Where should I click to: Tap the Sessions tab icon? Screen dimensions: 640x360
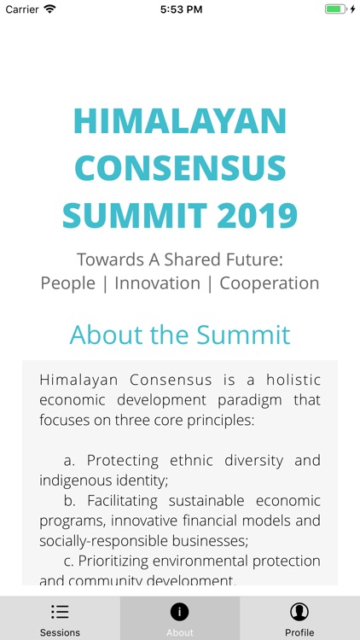point(60,612)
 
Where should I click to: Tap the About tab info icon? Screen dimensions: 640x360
point(180,612)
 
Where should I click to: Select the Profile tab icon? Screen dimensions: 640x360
point(299,612)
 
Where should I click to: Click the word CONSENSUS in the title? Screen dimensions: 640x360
point(180,168)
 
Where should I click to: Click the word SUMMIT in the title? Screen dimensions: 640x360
point(129,214)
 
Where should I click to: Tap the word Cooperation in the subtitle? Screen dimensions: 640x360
point(270,283)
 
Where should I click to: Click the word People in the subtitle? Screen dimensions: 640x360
point(68,283)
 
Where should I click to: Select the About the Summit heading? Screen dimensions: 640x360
point(180,334)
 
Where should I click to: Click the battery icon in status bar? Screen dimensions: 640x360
point(335,9)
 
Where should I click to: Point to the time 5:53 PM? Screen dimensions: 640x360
point(181,9)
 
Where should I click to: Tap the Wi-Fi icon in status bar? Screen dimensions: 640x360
point(49,9)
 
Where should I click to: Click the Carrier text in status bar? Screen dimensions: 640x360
point(22,9)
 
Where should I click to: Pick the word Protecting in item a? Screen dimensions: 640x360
point(123,460)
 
